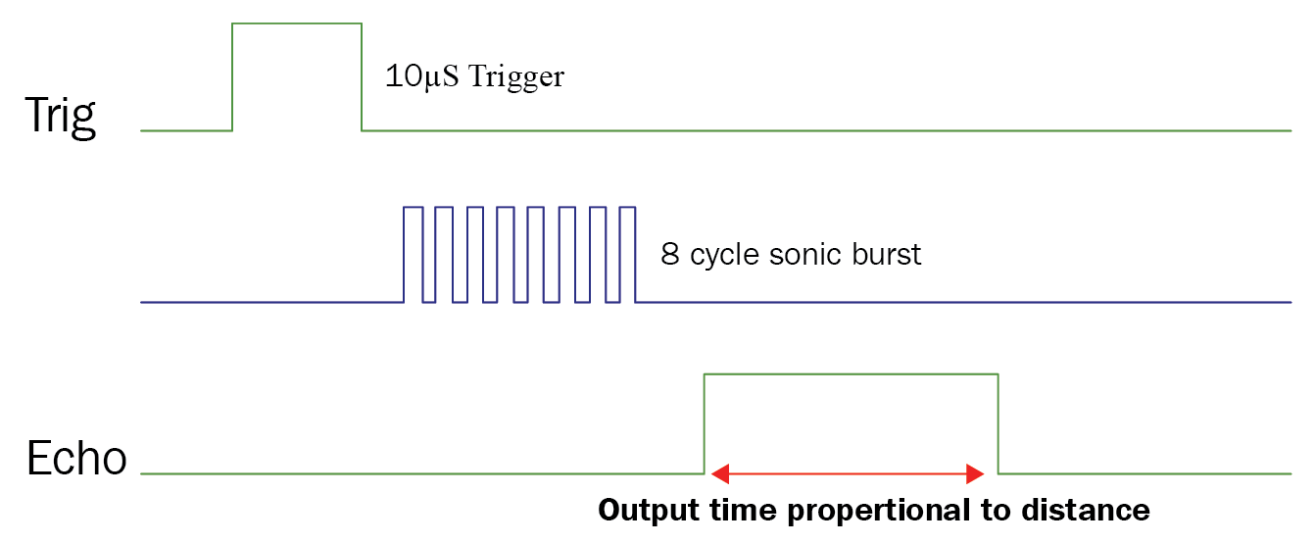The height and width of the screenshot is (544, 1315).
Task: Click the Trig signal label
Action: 60,116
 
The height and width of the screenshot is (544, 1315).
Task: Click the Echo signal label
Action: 77,459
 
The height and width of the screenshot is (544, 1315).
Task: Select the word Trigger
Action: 516,77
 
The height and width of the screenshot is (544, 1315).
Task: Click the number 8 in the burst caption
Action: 669,255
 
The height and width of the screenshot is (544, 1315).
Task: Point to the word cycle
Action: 725,256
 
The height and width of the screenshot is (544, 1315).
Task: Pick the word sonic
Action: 803,255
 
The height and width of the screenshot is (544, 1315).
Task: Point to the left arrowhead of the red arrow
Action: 720,474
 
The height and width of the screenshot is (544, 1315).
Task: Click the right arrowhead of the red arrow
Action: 974,474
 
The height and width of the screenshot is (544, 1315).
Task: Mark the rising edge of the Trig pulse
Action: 232,76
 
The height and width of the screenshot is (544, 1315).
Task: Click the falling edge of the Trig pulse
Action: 362,76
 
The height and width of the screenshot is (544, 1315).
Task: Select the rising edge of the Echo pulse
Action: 705,423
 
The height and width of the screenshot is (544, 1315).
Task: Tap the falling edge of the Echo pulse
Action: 998,423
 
